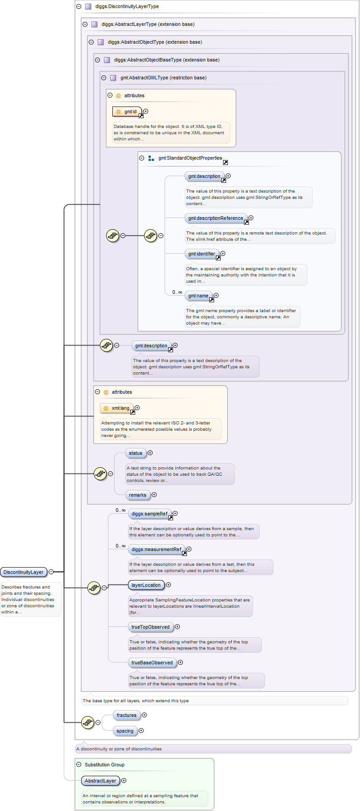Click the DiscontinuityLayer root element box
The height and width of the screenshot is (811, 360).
[x=24, y=572]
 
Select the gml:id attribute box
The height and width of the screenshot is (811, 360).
[x=127, y=111]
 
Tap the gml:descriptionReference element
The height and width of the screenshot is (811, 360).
[x=215, y=218]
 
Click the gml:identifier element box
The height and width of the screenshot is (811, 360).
[x=202, y=254]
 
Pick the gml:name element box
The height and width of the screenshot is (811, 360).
[x=198, y=296]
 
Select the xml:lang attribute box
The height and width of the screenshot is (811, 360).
[x=117, y=408]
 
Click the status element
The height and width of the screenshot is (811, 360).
[x=136, y=453]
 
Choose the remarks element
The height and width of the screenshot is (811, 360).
[x=137, y=495]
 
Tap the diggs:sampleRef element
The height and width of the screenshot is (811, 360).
[x=149, y=514]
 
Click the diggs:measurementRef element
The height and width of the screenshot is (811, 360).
[x=156, y=549]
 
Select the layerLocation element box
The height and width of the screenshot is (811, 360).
[x=146, y=585]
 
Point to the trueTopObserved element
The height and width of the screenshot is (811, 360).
[x=150, y=627]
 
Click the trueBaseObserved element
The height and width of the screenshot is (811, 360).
[x=152, y=663]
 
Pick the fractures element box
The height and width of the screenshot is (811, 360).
[x=127, y=715]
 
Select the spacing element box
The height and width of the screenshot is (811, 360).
[x=125, y=731]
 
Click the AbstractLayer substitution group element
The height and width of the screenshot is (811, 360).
[x=100, y=781]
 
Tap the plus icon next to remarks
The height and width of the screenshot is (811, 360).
[x=154, y=495]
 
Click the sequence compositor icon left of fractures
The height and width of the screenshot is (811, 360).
[x=87, y=722]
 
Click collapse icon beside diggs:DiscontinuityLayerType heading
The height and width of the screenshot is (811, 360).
[x=79, y=7]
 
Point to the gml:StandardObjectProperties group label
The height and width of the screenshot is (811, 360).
[x=190, y=158]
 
